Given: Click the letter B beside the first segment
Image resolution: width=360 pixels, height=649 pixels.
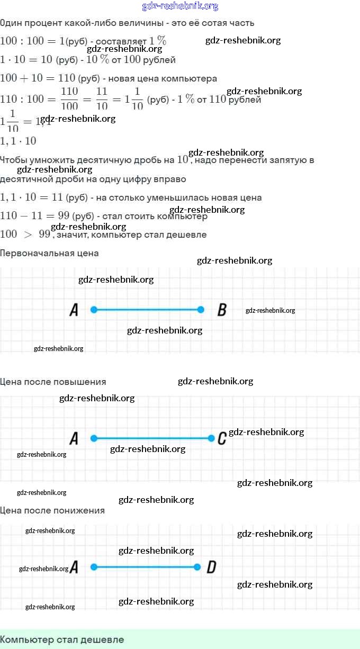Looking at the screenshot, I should pyautogui.click(x=222, y=310).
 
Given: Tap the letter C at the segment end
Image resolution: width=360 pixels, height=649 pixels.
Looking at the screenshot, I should pyautogui.click(x=222, y=438).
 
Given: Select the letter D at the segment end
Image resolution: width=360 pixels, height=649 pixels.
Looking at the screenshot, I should pyautogui.click(x=211, y=567).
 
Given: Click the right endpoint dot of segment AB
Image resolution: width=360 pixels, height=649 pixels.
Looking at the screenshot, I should pyautogui.click(x=201, y=310).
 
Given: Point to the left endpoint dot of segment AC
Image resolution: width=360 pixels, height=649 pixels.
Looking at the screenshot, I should pyautogui.click(x=94, y=438).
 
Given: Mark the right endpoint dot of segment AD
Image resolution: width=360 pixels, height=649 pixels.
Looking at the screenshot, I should pyautogui.click(x=197, y=567).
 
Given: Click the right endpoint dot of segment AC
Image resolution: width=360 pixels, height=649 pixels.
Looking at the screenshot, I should pyautogui.click(x=211, y=438).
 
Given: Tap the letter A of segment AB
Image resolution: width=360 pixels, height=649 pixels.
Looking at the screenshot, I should pyautogui.click(x=74, y=310).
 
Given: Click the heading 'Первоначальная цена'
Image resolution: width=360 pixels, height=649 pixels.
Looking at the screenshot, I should pyautogui.click(x=49, y=253).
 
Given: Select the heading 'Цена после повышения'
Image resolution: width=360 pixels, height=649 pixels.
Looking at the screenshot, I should pyautogui.click(x=53, y=382).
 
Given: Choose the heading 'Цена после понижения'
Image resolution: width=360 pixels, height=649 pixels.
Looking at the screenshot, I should pyautogui.click(x=52, y=510).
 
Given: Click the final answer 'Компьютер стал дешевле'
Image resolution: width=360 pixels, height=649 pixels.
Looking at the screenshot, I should pyautogui.click(x=62, y=639).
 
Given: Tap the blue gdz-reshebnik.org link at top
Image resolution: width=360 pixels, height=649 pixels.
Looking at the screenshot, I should pyautogui.click(x=180, y=6).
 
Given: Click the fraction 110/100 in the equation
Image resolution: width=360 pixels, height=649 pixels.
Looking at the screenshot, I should pyautogui.click(x=69, y=98).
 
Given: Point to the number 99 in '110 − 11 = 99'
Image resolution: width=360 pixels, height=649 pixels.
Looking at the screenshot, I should pyautogui.click(x=64, y=216).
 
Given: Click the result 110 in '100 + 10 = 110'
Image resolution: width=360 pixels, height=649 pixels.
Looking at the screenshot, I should pyautogui.click(x=67, y=78).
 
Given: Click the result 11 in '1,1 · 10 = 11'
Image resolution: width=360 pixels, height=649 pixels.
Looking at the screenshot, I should pyautogui.click(x=57, y=197).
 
